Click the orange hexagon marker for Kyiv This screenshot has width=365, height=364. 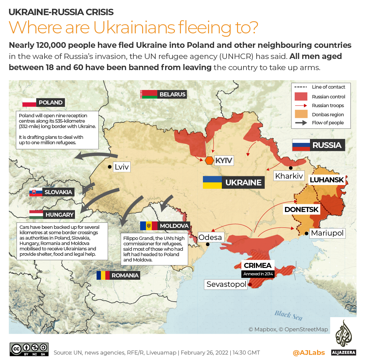tap(209, 160)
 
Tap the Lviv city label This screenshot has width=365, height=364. tap(122, 167)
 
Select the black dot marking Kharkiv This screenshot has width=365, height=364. tap(290, 168)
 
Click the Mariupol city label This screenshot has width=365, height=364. tap(327, 233)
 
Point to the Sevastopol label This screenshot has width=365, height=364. tap(226, 284)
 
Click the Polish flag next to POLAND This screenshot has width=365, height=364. tap(29, 102)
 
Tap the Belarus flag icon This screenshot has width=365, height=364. tap(149, 94)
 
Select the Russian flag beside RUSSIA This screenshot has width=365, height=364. tap(301, 145)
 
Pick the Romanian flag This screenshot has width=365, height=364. tap(103, 275)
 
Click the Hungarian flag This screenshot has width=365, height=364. tap(36, 214)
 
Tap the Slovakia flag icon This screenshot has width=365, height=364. tap(36, 192)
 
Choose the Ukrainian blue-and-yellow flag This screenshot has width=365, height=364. tap(212, 182)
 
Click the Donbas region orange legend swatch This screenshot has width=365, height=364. tap(301, 114)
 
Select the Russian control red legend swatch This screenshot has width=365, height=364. tap(301, 96)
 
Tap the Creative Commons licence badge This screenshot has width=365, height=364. tap(29, 349)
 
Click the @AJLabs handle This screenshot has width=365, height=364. tap(309, 353)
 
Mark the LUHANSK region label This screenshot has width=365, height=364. tap(327, 180)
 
